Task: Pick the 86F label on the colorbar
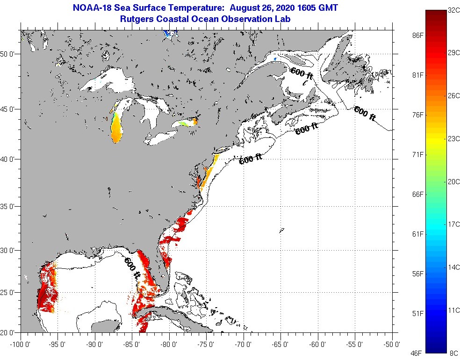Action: [x=417, y=36]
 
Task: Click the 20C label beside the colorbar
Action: [x=453, y=182]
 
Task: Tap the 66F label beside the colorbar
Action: [x=417, y=194]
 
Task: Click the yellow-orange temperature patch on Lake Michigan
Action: [x=116, y=130]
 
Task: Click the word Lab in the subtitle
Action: [x=283, y=19]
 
